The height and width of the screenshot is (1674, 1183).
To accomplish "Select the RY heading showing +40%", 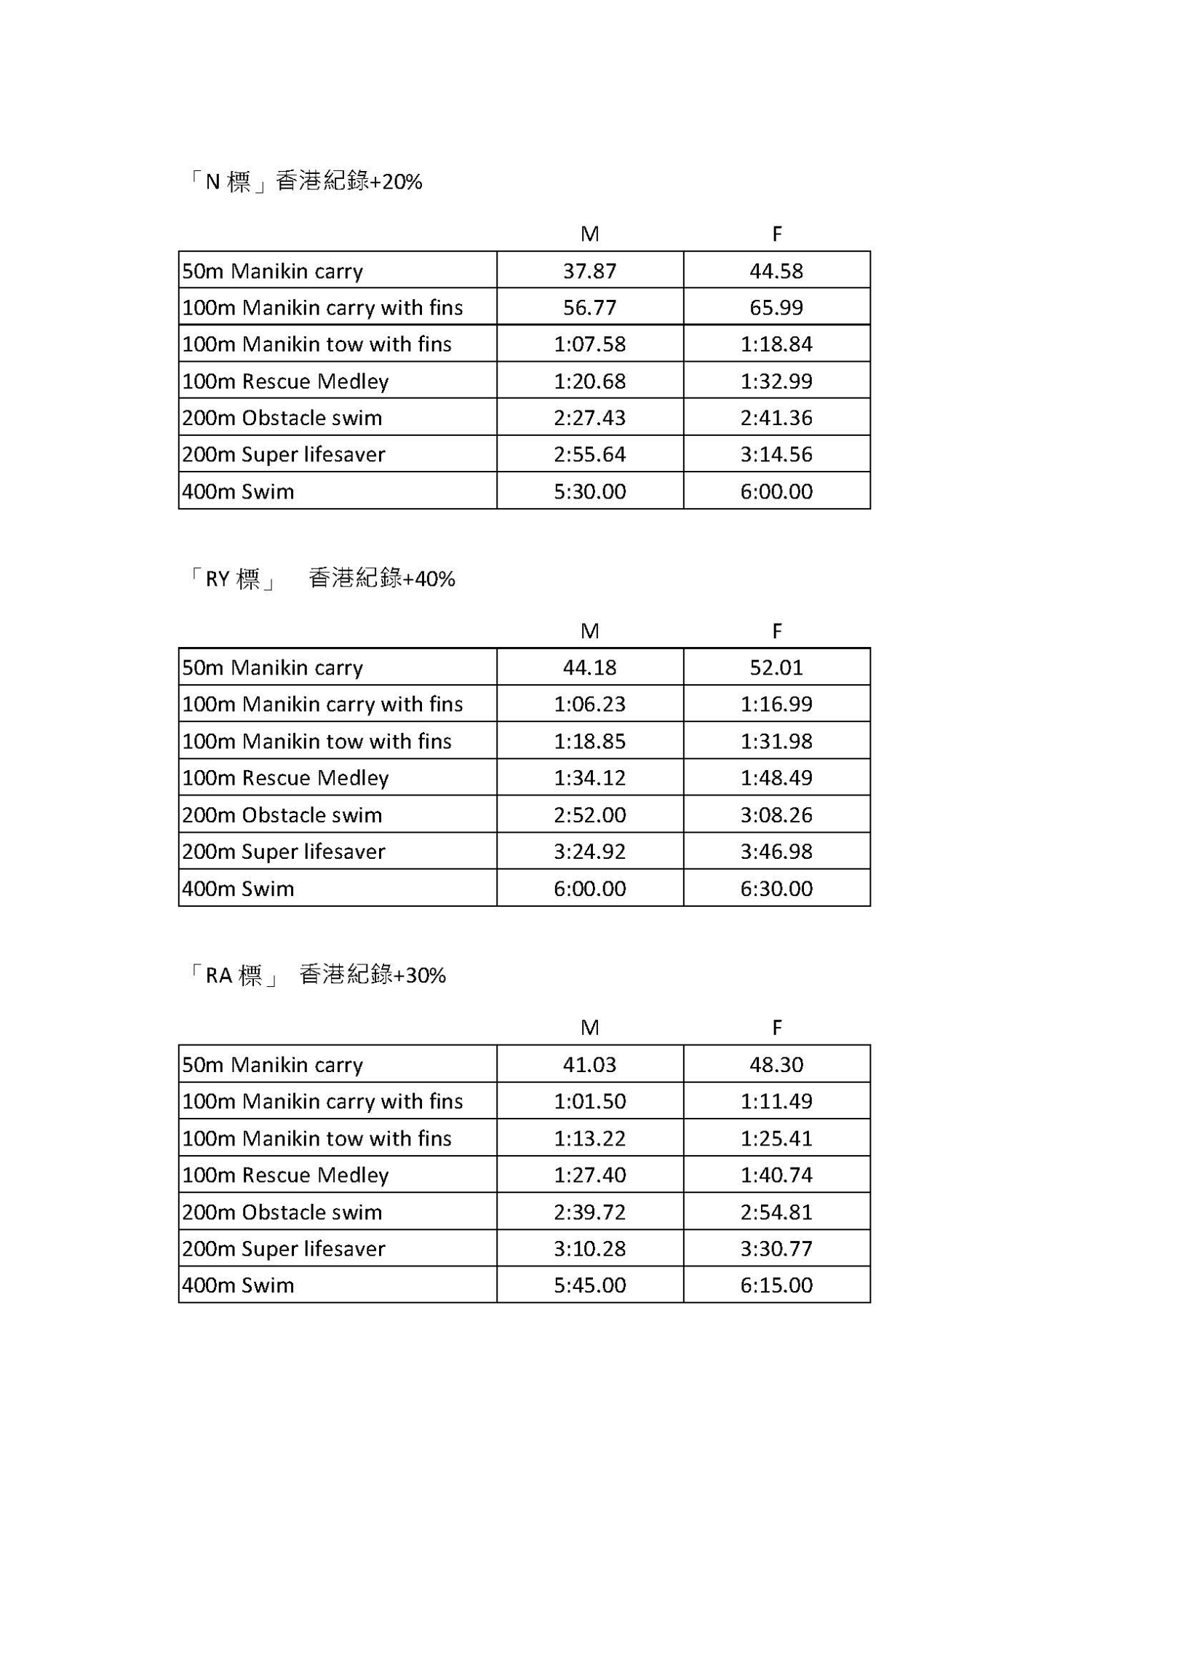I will point(321,578).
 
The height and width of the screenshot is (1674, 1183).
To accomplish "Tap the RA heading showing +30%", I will point(316,975).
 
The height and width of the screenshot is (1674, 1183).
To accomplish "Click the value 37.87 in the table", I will point(589,271).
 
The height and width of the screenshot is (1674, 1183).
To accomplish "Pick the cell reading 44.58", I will point(776,271).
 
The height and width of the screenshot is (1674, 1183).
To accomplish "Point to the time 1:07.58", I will point(589,344).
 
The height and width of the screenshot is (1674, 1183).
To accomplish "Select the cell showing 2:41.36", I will point(776,418).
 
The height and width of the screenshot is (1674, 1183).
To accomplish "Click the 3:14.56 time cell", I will point(776,454).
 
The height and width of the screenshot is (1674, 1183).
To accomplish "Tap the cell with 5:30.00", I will point(589,491).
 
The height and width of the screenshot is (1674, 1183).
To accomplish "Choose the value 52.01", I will point(776,668).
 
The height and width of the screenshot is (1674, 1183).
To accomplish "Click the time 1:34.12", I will point(589,778).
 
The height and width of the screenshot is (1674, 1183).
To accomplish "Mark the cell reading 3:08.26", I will point(776,815).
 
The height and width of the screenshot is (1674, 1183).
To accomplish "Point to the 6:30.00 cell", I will point(776,889).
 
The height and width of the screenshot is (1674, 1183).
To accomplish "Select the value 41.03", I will point(589,1065).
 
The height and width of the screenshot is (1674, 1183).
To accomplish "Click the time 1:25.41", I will point(776,1138).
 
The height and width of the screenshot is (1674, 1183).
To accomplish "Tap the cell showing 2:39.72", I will point(589,1212).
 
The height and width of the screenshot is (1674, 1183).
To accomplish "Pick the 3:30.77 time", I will point(776,1248).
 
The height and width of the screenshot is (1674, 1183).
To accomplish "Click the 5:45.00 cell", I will point(589,1285).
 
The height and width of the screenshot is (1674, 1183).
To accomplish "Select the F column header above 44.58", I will point(776,234).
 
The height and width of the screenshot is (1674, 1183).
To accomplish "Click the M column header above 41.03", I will point(589,1027).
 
